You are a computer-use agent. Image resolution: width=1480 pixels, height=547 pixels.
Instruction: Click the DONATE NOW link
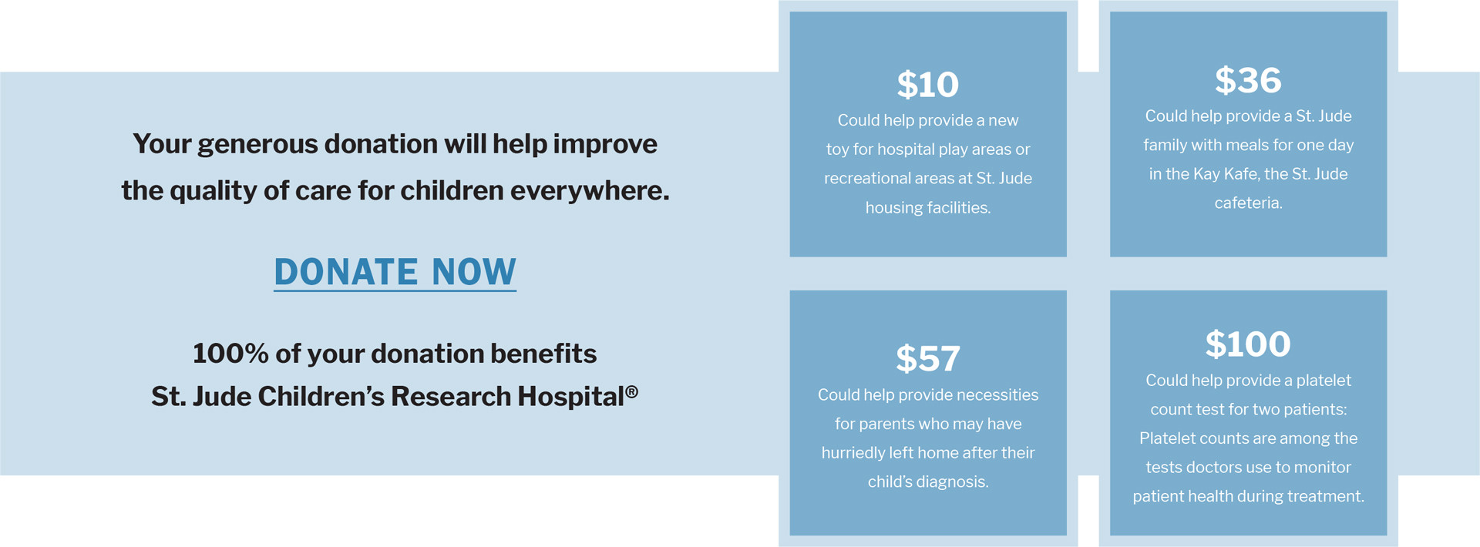(395, 272)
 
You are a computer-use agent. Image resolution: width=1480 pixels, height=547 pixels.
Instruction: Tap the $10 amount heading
(927, 85)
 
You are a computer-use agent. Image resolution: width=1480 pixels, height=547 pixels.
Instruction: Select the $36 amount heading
(1248, 80)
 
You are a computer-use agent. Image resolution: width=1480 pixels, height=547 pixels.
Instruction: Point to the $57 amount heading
(927, 359)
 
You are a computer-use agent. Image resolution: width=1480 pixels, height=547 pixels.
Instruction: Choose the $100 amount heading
(1248, 344)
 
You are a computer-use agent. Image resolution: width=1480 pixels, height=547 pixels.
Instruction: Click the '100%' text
(230, 354)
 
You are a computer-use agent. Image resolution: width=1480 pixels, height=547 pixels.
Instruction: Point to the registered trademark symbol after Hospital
(631, 391)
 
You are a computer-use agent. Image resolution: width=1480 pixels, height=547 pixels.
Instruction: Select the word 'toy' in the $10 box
(837, 149)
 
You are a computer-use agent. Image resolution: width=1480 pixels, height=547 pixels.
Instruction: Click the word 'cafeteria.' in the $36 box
(1248, 203)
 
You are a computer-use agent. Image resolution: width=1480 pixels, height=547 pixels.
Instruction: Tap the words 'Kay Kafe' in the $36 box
(1226, 174)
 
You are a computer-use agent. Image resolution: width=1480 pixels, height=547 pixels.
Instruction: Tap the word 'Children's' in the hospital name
(321, 396)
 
